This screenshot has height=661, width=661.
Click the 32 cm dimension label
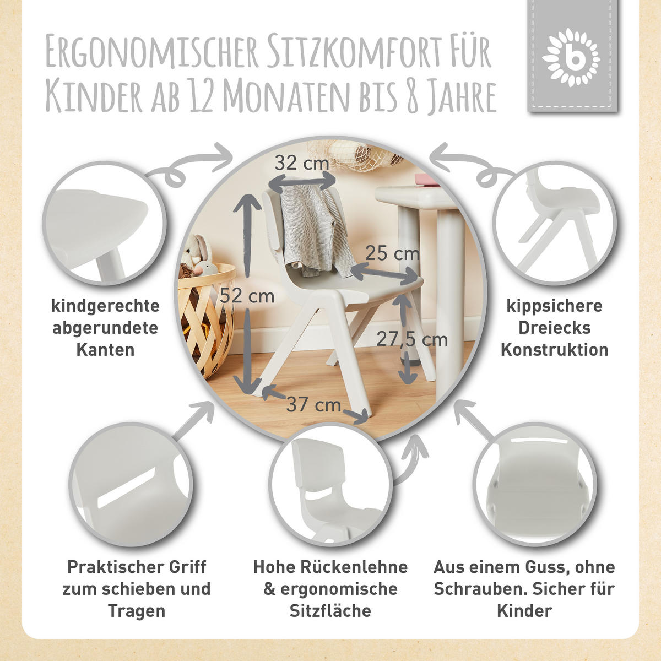301,164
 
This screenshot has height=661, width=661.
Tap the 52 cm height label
247,296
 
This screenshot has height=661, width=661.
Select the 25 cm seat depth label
392,253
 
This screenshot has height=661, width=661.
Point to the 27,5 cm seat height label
411,339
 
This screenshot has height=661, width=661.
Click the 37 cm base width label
313,404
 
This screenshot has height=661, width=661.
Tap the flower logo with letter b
571,57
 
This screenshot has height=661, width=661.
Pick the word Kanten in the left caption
105,349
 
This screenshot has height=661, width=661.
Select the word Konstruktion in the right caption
554,349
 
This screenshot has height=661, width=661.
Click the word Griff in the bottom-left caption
181,566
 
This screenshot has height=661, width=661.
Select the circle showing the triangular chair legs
553,220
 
